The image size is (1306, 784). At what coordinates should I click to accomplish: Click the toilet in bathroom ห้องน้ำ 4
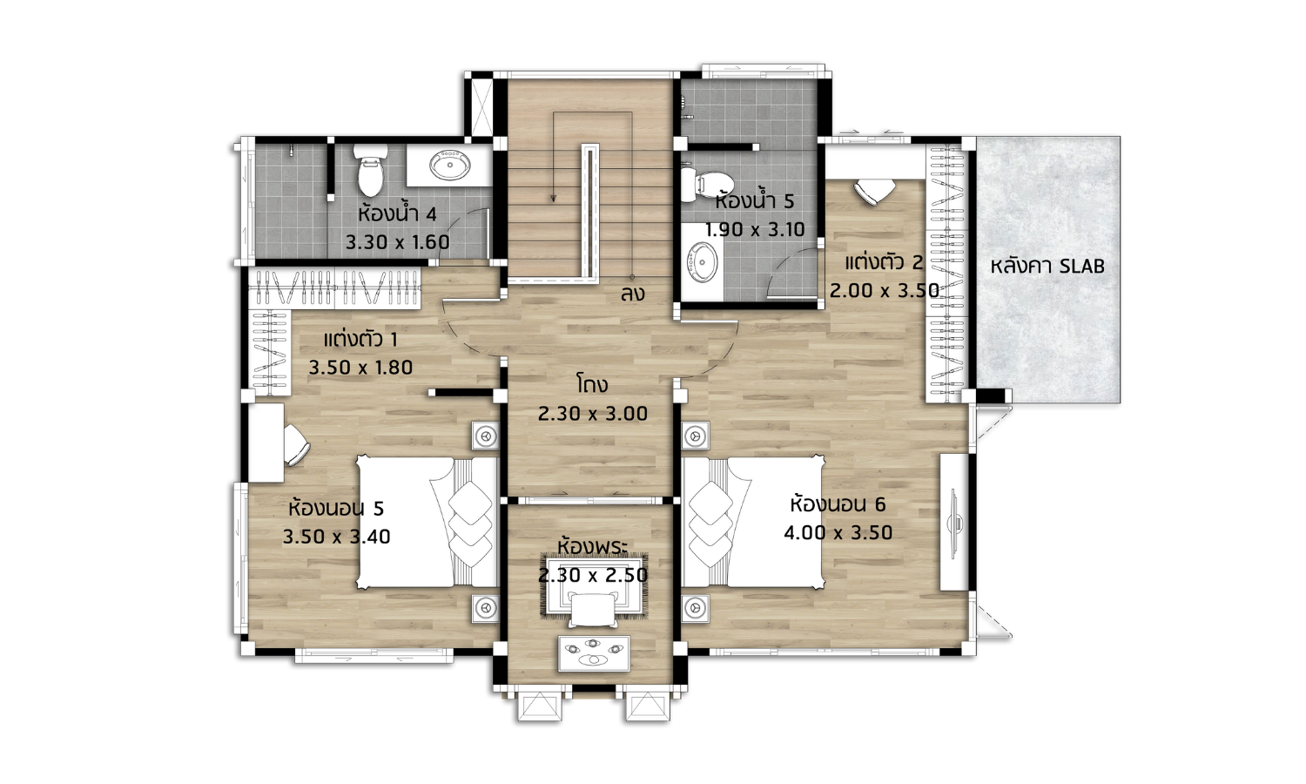370,170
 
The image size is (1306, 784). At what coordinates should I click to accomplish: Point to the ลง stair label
632,294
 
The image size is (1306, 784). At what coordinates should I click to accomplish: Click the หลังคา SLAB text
1047,266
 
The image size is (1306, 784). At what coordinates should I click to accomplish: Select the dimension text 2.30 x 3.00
592,414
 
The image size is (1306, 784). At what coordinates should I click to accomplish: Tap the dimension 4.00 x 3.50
838,532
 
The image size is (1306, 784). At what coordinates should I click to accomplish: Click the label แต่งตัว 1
360,339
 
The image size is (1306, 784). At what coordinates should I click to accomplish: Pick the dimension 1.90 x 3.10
755,230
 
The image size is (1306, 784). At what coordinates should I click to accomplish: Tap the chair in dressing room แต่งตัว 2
874,191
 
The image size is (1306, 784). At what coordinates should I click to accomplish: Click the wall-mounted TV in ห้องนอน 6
954,522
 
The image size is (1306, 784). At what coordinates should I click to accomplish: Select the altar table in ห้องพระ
594,653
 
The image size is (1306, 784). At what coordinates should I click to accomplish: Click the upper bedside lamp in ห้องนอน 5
485,436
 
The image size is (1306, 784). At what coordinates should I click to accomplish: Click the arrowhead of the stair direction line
553,199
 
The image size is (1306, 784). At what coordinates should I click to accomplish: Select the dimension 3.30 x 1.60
398,242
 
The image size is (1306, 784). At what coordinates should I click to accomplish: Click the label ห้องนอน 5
336,508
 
